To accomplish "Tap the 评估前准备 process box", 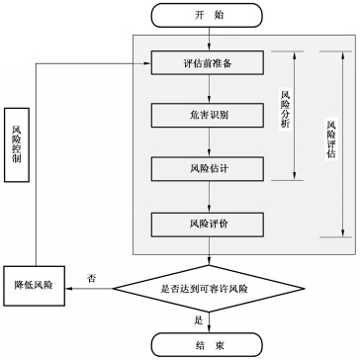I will coord(207,64).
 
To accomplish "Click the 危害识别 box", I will coord(207,116).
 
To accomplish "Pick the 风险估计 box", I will coord(207,167).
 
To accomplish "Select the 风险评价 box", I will coord(207,224).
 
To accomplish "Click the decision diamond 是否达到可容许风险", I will coord(207,289).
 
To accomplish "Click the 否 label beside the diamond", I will coord(91,276).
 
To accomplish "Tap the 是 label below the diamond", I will coord(197,319).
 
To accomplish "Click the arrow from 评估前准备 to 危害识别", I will coord(207,89).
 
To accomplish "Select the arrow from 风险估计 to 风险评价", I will coord(207,196).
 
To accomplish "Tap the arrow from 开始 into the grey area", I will coord(207,39).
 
